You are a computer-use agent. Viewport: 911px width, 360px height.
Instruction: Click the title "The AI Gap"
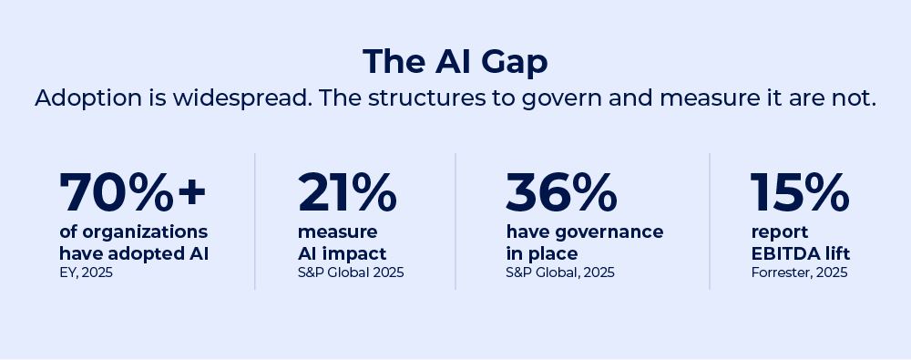pyautogui.click(x=455, y=61)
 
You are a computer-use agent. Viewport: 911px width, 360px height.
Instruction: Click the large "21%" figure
pyautogui.click(x=347, y=192)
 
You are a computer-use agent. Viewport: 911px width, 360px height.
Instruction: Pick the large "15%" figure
pyautogui.click(x=799, y=192)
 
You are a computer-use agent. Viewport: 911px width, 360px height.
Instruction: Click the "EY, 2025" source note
pyautogui.click(x=87, y=273)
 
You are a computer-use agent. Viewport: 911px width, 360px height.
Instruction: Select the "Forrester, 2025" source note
pyautogui.click(x=799, y=273)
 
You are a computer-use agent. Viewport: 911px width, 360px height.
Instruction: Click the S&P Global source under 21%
pyautogui.click(x=351, y=273)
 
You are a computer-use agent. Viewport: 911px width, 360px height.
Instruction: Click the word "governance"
pyautogui.click(x=605, y=232)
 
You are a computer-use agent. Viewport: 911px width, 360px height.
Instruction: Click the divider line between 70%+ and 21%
pyautogui.click(x=255, y=221)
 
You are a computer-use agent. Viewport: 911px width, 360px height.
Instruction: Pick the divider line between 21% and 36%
pyautogui.click(x=456, y=221)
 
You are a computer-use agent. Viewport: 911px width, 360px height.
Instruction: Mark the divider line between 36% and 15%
pyautogui.click(x=711, y=221)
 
